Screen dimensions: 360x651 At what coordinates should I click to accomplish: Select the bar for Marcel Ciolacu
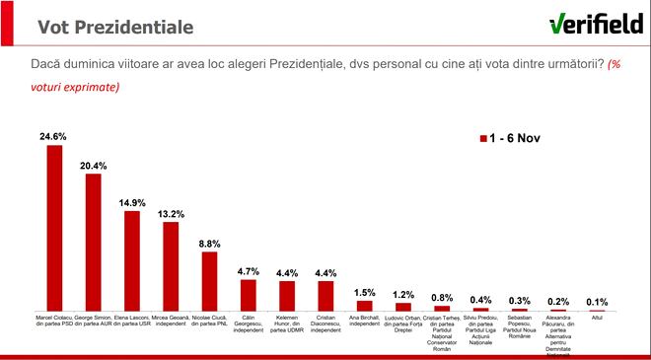point(54,227)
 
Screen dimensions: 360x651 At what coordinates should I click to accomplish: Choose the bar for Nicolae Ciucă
point(208,280)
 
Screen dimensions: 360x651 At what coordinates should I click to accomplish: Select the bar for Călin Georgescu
point(248,294)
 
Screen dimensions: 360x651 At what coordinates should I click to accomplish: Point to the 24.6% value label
point(54,136)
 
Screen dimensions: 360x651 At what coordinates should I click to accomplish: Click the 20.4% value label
point(93,164)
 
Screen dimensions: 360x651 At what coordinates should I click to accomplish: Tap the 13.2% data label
point(170,213)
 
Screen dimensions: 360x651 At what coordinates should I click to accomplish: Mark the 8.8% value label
point(208,243)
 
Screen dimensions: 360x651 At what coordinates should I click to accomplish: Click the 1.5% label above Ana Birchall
point(364,292)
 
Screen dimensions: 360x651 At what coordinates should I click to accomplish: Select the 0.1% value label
point(596,302)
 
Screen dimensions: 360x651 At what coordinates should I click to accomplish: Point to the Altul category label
point(596,317)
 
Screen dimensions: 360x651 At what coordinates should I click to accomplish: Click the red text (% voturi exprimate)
point(79,87)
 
